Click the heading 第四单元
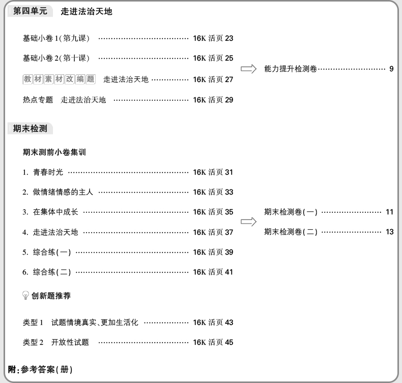pyautogui.click(x=30, y=11)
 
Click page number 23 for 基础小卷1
pyautogui.click(x=229, y=38)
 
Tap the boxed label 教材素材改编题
pyautogui.click(x=59, y=79)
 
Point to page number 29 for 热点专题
pyautogui.click(x=229, y=100)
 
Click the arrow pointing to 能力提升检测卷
pyautogui.click(x=248, y=69)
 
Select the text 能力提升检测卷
pyautogui.click(x=291, y=68)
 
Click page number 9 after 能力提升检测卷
pyautogui.click(x=391, y=68)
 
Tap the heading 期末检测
pyautogui.click(x=30, y=129)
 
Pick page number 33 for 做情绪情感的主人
pyautogui.click(x=229, y=192)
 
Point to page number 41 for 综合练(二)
pyautogui.click(x=229, y=272)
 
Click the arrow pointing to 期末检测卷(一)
pyautogui.click(x=248, y=222)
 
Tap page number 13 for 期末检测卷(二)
pyautogui.click(x=390, y=232)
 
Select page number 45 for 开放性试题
pyautogui.click(x=229, y=342)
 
